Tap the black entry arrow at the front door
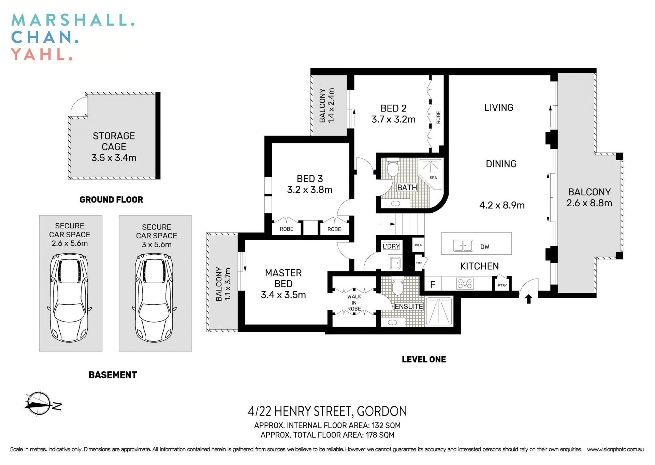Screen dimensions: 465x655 pyautogui.click(x=528, y=299)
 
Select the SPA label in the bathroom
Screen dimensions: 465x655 pyautogui.click(x=433, y=178)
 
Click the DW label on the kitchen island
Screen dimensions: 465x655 pyautogui.click(x=484, y=247)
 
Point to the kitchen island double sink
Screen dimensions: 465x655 pyautogui.click(x=463, y=245)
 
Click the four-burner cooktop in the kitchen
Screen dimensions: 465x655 pyautogui.click(x=465, y=284)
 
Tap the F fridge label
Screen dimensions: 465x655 pyautogui.click(x=433, y=285)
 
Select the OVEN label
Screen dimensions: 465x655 pyautogui.click(x=418, y=245)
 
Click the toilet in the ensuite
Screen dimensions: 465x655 pyautogui.click(x=398, y=287)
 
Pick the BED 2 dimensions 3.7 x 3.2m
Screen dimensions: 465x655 pyautogui.click(x=393, y=120)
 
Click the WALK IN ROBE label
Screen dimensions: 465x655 pyautogui.click(x=354, y=303)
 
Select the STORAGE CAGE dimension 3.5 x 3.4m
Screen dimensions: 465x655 pyautogui.click(x=114, y=158)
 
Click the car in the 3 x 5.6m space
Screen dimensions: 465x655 pyautogui.click(x=154, y=297)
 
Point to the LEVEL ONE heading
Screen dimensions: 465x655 pyautogui.click(x=424, y=359)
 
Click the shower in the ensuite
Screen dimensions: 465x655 pyautogui.click(x=439, y=311)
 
